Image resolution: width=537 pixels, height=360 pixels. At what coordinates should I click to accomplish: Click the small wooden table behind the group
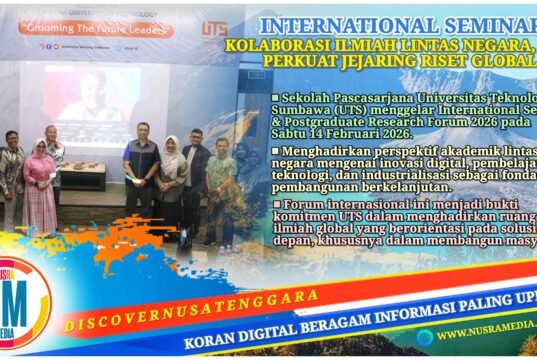(82, 175)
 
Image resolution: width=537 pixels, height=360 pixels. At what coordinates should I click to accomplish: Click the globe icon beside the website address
(425, 337)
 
